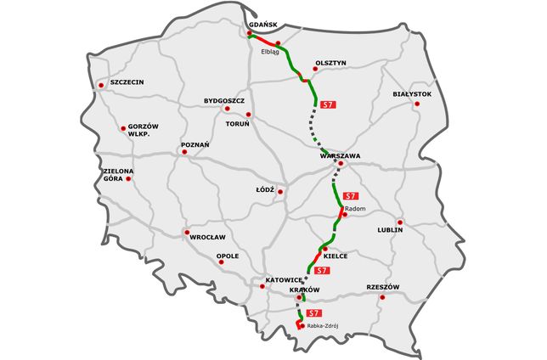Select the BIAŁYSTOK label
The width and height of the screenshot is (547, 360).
tap(413, 93)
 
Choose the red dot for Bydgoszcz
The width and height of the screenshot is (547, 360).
tap(227, 109)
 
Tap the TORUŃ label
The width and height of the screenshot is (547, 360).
tap(236, 124)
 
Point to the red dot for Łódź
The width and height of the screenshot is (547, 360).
tap(280, 191)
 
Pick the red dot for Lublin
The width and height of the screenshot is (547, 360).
tap(400, 222)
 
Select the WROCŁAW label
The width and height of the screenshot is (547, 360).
tap(207, 237)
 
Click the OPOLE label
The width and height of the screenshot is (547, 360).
tap(228, 256)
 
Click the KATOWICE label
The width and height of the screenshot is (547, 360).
tap(284, 279)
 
